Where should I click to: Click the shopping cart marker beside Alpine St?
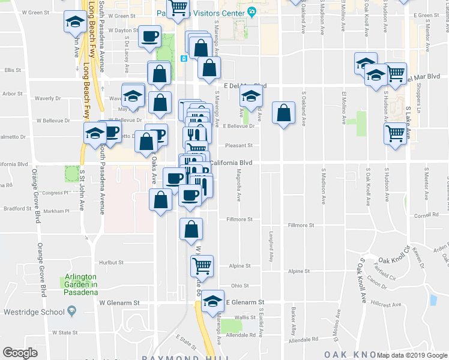coord(202,266)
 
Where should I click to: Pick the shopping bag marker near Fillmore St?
coord(191,229)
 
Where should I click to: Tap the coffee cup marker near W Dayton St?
coord(149,37)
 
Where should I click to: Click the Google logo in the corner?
coord(20,352)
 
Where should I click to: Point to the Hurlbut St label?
coord(111,262)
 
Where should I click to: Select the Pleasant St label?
coord(239,145)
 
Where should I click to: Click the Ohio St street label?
coord(240,286)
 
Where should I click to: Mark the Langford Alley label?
coord(272,247)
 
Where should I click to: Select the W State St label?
coord(65,332)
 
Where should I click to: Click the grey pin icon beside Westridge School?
coord(72,311)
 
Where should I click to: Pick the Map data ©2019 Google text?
coord(412,355)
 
